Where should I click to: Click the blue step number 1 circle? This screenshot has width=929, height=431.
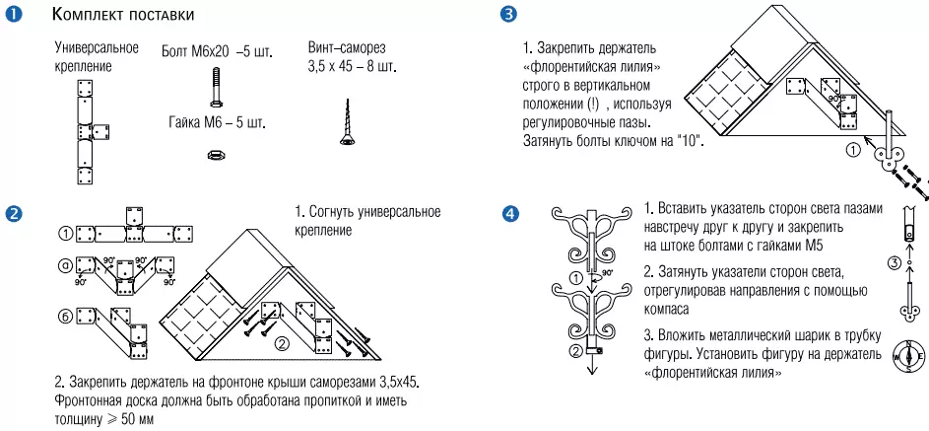pos(14,15)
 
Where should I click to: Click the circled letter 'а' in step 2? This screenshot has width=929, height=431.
pos(66,263)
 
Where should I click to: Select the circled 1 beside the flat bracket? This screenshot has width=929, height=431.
pos(66,233)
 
